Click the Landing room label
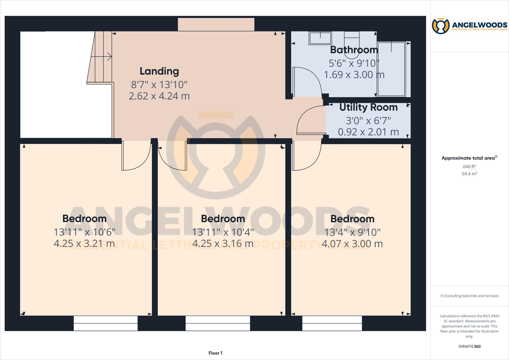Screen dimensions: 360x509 pos(159,71)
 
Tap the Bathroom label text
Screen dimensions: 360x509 pos(354,50)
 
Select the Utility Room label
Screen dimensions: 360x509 pos(368,107)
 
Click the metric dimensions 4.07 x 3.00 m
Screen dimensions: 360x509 pos(352,244)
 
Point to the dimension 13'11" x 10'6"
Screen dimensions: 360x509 pos(85,232)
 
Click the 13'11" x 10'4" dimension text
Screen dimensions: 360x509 pos(223,232)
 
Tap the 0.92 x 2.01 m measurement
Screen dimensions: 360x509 pos(368,132)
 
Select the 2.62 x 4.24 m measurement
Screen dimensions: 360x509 pos(159,96)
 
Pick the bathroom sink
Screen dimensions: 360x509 pos(320,38)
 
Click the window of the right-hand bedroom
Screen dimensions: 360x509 pos(332,323)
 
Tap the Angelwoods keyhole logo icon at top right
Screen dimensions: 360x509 pos(441,26)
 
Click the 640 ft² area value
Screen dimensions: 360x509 pos(469,167)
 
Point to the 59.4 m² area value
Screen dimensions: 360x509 pos(469,174)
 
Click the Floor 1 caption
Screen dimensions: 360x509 pos(215,353)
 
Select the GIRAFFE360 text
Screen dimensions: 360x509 pos(469,346)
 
